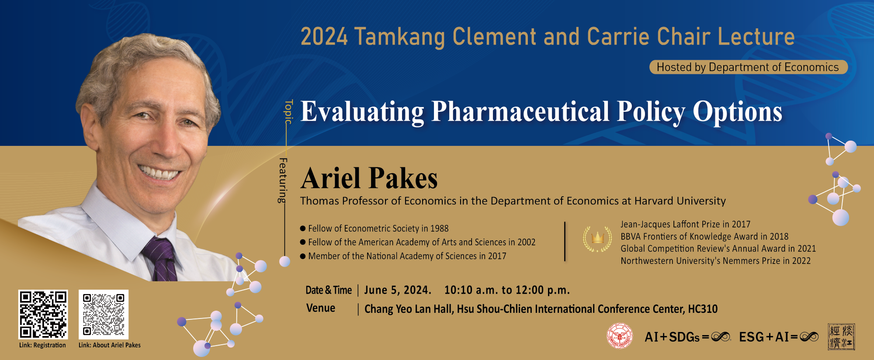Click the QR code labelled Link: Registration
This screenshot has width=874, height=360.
43,314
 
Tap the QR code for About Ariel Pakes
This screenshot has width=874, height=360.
104,314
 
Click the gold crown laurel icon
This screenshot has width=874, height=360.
597,239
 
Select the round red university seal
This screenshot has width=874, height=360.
620,336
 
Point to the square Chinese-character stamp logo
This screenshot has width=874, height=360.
841,336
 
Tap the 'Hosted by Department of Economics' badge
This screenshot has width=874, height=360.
748,67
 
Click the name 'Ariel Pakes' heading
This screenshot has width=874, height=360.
369,178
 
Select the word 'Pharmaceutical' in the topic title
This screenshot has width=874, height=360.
520,112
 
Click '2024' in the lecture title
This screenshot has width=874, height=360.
324,37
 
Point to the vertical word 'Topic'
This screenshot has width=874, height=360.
288,111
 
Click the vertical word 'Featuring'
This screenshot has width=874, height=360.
283,180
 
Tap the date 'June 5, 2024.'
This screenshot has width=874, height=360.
398,291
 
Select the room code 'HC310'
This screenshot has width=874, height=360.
703,309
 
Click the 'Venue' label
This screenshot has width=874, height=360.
321,308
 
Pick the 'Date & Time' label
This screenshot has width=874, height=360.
329,290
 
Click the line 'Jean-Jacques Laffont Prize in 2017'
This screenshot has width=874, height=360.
685,224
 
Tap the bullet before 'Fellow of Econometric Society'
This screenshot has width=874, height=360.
303,228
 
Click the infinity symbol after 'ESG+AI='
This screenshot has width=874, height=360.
809,337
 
